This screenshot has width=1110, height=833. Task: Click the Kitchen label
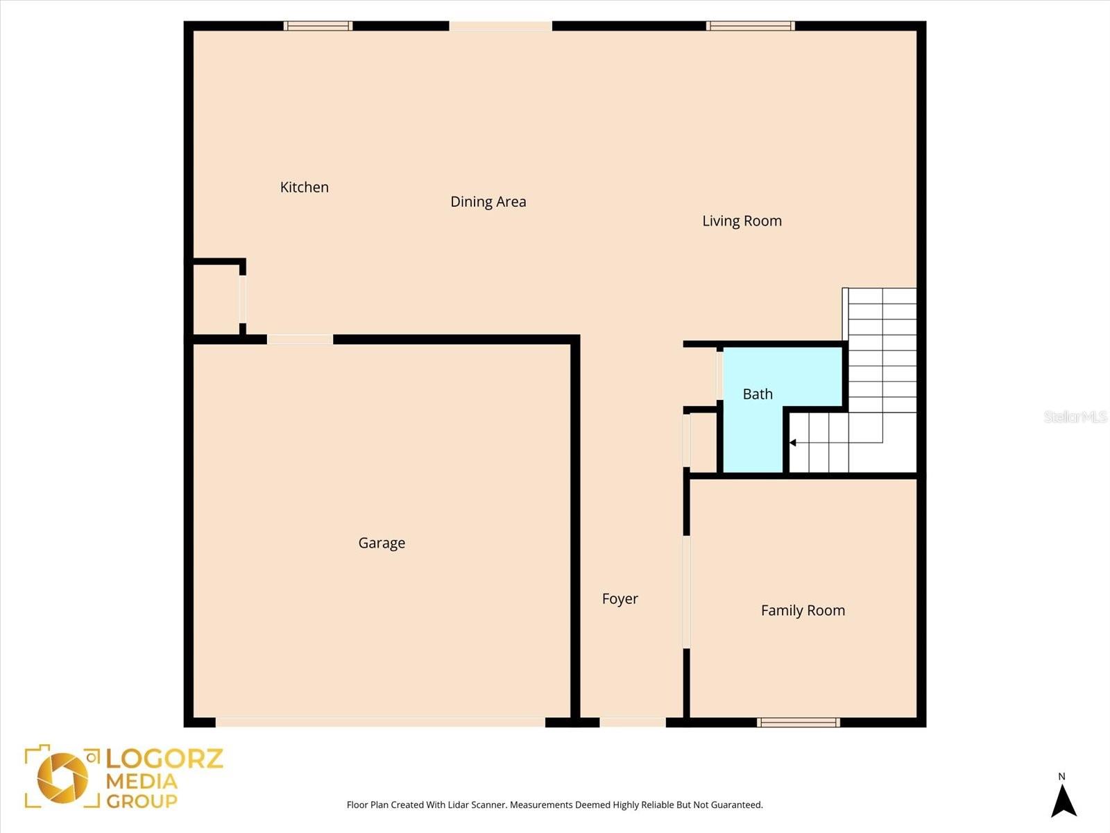[x=304, y=187]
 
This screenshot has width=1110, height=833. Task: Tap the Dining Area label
[x=488, y=201]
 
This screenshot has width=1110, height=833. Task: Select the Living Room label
[x=742, y=221]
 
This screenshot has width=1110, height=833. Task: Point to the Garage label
[x=382, y=543]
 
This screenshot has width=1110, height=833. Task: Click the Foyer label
[x=620, y=598]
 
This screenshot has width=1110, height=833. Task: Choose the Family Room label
[x=803, y=610]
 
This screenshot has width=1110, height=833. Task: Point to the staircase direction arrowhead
[x=793, y=442]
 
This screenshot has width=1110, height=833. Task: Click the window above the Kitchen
[x=318, y=26]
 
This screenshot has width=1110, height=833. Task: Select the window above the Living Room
[x=750, y=26]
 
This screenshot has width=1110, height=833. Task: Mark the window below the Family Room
[x=799, y=723]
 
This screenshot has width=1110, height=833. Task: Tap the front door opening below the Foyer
[x=632, y=723]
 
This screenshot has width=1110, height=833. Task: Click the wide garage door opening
[x=380, y=723]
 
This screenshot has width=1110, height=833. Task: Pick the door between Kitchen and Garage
[x=300, y=339]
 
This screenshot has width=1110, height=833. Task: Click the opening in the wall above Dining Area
[x=500, y=26]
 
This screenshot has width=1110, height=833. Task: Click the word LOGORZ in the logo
[x=164, y=758]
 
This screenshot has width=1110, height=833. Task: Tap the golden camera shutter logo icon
[x=62, y=777]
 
